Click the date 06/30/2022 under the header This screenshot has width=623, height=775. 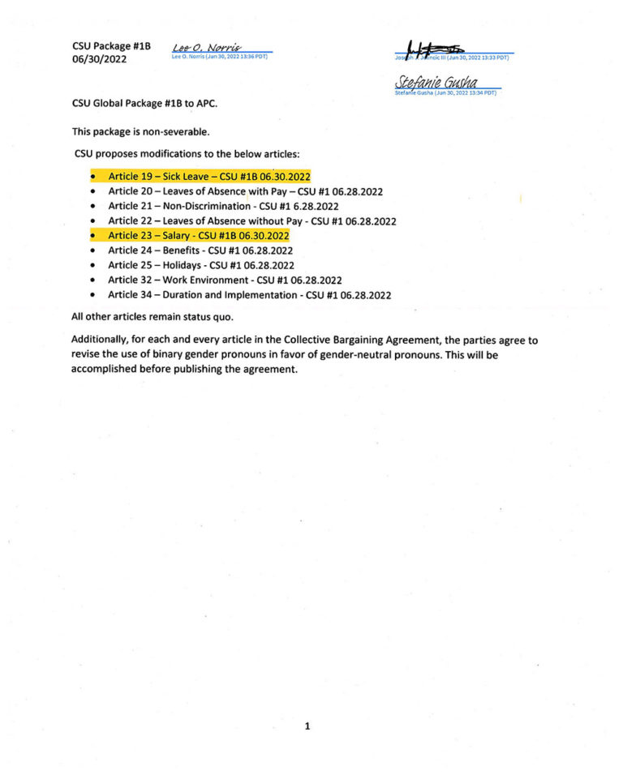coord(99,59)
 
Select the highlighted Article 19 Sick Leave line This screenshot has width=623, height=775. coord(209,176)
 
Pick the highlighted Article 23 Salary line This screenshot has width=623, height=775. coord(198,235)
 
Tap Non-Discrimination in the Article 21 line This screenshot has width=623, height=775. coord(206,206)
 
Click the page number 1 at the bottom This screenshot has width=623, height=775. coord(307,726)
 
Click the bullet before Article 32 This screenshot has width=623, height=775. coord(94,280)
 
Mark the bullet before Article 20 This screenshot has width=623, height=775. coord(94,191)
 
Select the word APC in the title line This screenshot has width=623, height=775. coord(205,103)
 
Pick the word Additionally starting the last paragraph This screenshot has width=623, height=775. coord(101,340)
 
